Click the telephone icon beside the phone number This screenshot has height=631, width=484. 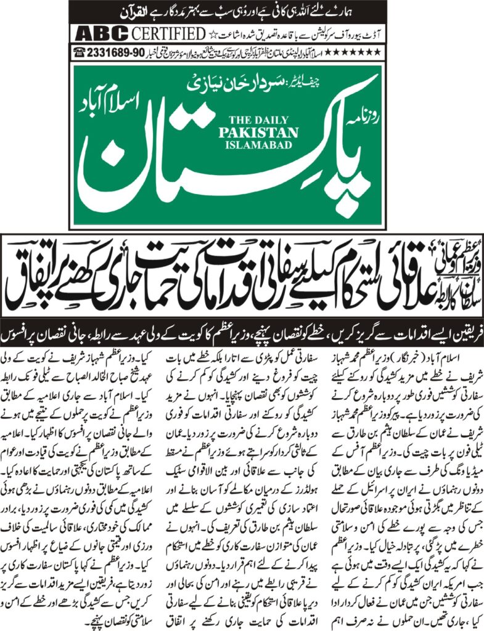coord(81,51)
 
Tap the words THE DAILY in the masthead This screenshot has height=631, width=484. coord(262,120)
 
